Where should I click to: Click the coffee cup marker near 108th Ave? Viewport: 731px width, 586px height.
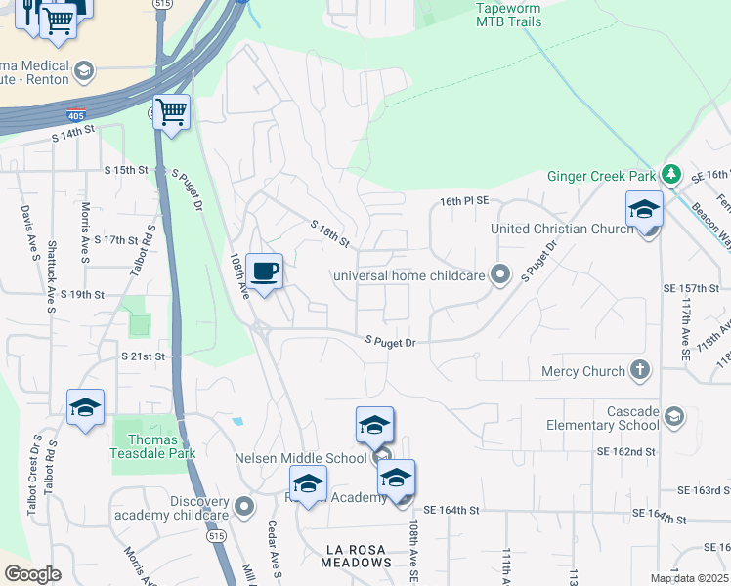[263, 272]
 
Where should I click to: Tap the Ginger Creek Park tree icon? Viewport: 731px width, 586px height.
[670, 174]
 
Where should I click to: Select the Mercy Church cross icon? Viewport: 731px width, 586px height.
[639, 370]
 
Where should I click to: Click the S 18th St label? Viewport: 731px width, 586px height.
[329, 233]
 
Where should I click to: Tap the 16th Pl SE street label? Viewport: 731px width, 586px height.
[463, 200]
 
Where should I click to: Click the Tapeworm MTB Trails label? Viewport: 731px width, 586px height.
[507, 14]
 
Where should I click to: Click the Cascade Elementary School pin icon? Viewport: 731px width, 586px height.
[672, 417]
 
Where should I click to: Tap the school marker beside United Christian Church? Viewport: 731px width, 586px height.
[644, 210]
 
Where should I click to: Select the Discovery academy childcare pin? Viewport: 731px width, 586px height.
[243, 506]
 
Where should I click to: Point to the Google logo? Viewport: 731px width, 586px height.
[32, 574]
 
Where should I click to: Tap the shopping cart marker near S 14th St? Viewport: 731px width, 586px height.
[171, 112]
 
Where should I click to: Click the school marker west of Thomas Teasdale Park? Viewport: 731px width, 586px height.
[85, 408]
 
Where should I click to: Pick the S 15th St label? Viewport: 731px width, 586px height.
[126, 169]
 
